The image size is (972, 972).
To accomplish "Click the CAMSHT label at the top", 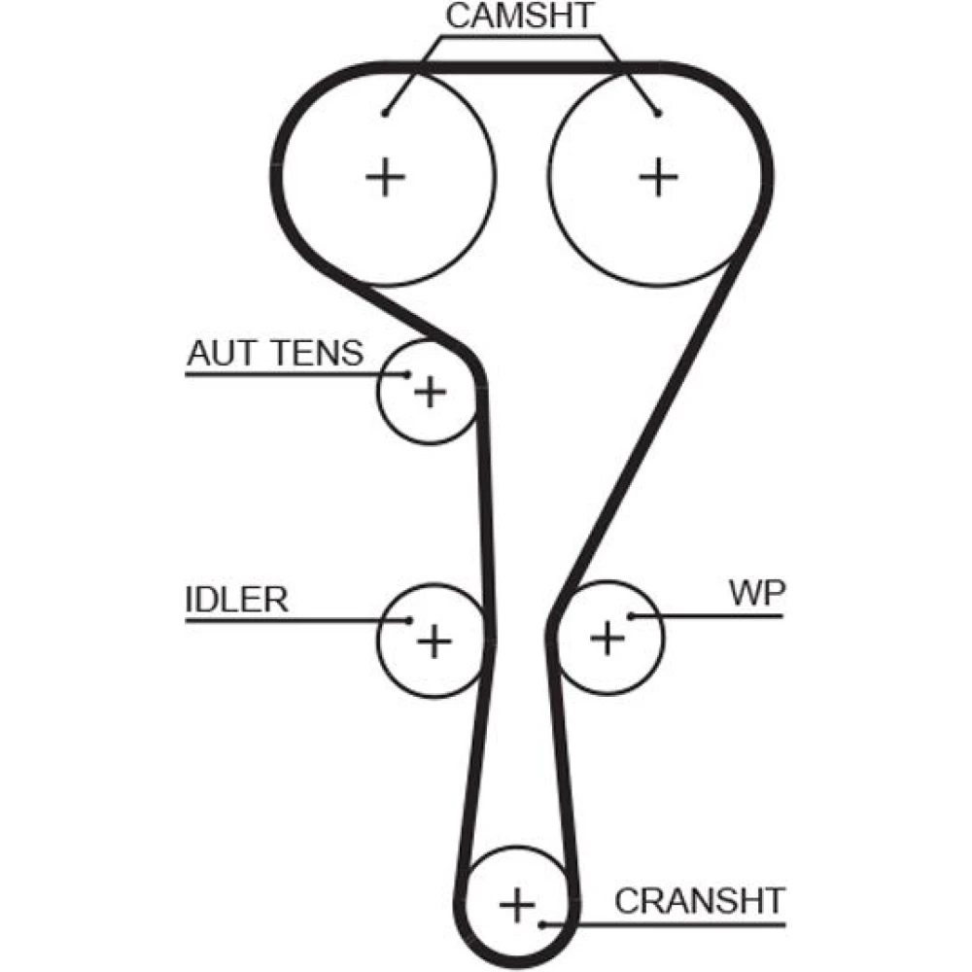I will click(519, 17).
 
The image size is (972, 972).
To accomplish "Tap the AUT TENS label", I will click(275, 353).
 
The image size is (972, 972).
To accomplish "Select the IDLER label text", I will click(237, 599).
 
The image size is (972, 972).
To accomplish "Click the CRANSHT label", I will click(699, 900).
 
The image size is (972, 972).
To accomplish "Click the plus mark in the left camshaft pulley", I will click(386, 177).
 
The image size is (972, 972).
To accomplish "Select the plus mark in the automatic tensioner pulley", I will click(429, 393).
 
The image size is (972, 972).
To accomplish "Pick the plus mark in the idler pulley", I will click(434, 640).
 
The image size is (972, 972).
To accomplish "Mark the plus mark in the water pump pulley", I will click(607, 638).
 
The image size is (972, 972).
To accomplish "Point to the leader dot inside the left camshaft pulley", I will click(386, 113).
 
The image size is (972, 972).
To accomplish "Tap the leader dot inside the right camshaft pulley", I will click(658, 113).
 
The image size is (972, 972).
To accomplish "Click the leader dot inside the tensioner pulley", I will click(407, 374).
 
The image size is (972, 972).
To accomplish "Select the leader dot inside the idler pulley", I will click(410, 620).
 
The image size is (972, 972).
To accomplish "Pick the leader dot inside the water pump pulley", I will click(631, 615).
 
